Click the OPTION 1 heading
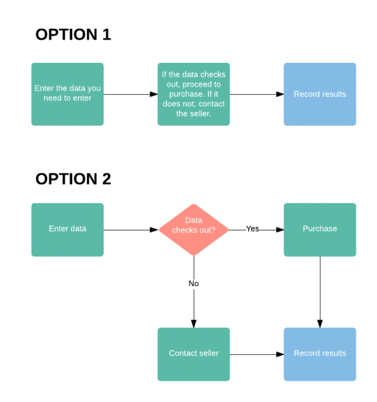click(73, 35)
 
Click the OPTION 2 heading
click(73, 179)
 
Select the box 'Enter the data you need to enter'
click(67, 94)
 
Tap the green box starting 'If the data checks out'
click(194, 94)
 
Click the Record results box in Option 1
click(320, 94)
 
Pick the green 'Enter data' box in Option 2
click(67, 229)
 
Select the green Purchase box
click(320, 229)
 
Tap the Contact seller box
click(194, 354)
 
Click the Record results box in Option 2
click(320, 354)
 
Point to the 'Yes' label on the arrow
click(253, 229)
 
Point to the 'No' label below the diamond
click(194, 283)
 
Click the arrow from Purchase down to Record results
click(320, 289)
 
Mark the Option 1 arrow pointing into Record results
click(256, 94)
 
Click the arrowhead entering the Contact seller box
click(194, 323)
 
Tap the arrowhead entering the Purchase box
click(280, 230)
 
